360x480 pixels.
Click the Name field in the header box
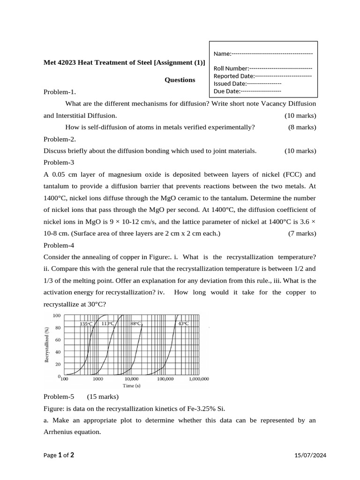(x=263, y=54)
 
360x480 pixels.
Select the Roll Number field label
(x=231, y=68)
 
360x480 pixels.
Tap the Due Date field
(x=247, y=91)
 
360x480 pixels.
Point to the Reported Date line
(x=262, y=76)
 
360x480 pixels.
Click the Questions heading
(x=180, y=80)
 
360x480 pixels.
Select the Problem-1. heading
(x=60, y=92)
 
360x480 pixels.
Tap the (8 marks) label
(x=302, y=127)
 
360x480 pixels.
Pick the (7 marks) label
(x=302, y=233)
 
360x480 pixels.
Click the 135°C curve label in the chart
(x=86, y=324)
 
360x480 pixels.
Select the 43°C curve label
(x=183, y=323)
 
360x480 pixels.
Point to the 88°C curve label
(x=135, y=323)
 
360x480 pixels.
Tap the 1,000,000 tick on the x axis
(x=199, y=379)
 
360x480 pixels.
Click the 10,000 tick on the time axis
(x=131, y=379)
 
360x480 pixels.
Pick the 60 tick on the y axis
(x=58, y=339)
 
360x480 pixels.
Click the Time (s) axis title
(x=131, y=386)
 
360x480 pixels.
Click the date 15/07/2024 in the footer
(x=310, y=455)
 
